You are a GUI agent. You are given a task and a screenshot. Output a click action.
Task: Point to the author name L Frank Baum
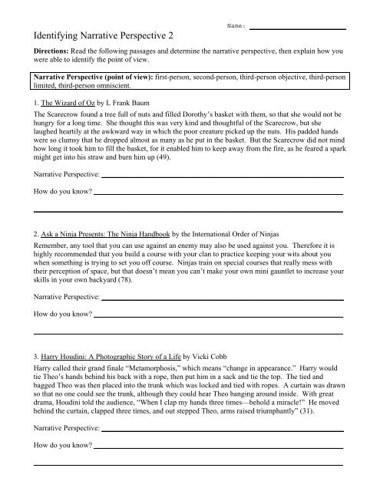[x=144, y=101]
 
